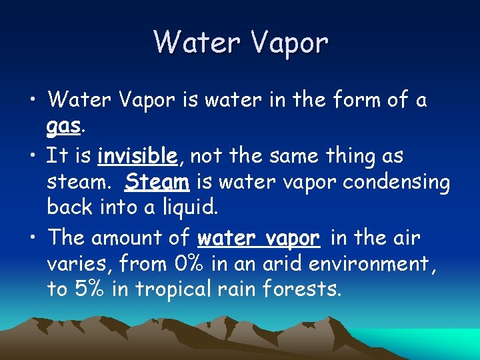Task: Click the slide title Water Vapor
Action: coord(241,42)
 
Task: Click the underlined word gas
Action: coord(64,127)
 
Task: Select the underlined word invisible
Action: coord(137,156)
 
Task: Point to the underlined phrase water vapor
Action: coord(260,237)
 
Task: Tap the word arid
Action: coord(277,264)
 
